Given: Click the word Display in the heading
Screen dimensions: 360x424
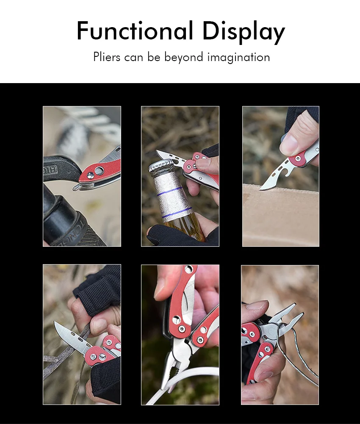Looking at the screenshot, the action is pos(244,32).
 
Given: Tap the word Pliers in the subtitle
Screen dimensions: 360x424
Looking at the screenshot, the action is pos(107,57).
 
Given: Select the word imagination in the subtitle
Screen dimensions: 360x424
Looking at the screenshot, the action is pos(239,57).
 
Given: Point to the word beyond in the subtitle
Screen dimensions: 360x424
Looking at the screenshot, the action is pos(183,57).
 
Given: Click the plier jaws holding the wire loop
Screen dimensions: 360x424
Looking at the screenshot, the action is pos(286,319).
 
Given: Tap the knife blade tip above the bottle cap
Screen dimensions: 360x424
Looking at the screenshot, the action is pos(158,152).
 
